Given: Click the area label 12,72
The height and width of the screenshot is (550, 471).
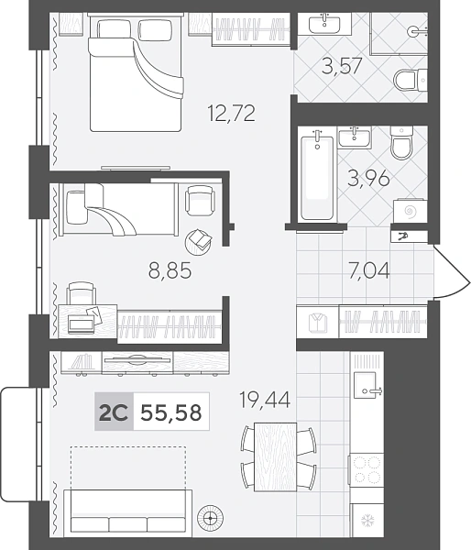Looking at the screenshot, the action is tap(232, 113).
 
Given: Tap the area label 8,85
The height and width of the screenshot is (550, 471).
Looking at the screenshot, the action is tap(170, 270).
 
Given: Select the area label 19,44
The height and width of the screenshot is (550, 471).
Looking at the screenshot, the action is tap(265, 400).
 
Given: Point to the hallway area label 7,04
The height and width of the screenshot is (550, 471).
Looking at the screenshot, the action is tap(369, 270).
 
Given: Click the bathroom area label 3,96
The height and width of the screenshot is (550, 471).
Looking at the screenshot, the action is tap(368, 178).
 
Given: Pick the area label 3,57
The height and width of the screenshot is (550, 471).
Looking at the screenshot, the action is tap(342, 67).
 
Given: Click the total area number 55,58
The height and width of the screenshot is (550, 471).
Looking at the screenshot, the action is tap(171, 412).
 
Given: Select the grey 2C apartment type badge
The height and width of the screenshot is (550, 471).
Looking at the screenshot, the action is tap(114, 412).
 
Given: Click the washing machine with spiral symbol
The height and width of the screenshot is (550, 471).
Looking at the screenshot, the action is tap(410, 211).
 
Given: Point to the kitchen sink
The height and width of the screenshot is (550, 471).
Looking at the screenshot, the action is tap(366, 385).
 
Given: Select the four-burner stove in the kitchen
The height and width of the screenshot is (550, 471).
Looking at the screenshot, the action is tap(367, 469).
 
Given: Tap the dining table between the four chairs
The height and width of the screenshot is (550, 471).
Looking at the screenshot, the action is tap(276, 457).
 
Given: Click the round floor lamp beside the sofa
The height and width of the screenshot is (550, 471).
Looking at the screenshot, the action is tap(211, 517).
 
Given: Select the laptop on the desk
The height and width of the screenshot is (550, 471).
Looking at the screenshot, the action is tap(82, 324).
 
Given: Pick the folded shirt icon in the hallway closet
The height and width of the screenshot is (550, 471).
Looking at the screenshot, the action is tap(318, 322).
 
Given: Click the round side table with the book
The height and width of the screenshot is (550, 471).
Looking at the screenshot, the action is tap(198, 242).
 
